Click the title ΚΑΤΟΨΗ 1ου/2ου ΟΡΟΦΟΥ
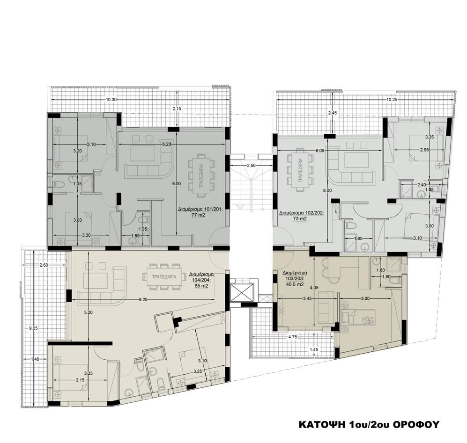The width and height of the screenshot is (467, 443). pyautogui.click(x=369, y=424)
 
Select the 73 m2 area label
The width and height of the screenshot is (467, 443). pyautogui.click(x=301, y=218)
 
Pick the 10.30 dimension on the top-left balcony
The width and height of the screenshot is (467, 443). pyautogui.click(x=111, y=100)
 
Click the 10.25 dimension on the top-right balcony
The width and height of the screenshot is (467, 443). pyautogui.click(x=392, y=100)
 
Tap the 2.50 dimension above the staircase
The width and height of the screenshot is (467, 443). pyautogui.click(x=252, y=166)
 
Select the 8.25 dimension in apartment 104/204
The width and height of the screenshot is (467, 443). pyautogui.click(x=143, y=299)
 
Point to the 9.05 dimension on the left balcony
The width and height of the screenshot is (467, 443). pyautogui.click(x=35, y=328)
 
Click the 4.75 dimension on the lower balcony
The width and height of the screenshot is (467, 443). pyautogui.click(x=293, y=337)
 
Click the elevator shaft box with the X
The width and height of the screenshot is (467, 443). pyautogui.click(x=242, y=293)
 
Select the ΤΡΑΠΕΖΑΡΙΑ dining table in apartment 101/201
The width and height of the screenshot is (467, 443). pyautogui.click(x=201, y=175)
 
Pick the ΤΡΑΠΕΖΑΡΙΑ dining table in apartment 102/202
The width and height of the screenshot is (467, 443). pyautogui.click(x=300, y=170)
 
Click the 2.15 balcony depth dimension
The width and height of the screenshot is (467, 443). pyautogui.click(x=177, y=109)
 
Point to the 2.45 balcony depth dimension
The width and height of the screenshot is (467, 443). pyautogui.click(x=332, y=113)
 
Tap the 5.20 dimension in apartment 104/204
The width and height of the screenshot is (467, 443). pyautogui.click(x=89, y=312)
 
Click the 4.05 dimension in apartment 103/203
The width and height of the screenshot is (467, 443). pyautogui.click(x=314, y=288)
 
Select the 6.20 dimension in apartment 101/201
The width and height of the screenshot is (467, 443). pyautogui.click(x=166, y=144)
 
